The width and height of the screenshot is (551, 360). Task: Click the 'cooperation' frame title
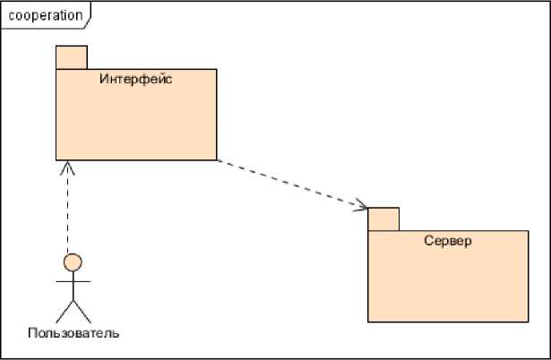coord(45,15)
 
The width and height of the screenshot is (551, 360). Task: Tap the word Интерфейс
coord(135,80)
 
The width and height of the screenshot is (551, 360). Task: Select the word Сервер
coord(447,242)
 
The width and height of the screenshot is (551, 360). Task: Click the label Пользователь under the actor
coord(73,334)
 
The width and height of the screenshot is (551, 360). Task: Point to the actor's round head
coord(73,262)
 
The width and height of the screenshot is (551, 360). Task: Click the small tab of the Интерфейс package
coord(72,57)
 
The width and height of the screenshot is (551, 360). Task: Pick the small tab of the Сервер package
coord(383,219)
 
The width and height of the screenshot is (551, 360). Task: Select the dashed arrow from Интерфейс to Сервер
coord(291,185)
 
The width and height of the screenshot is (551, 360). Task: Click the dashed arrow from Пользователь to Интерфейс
coord(66,210)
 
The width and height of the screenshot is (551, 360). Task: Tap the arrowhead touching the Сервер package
coord(361,207)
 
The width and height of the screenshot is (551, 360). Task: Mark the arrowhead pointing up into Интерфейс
coord(66,167)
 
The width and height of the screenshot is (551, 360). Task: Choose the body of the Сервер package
coord(448,282)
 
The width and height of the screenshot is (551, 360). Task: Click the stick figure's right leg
coord(82,312)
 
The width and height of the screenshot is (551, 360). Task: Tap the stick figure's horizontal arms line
coord(73,279)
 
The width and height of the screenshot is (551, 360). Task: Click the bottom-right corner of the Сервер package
coord(528,321)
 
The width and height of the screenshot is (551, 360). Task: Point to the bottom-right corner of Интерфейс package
coord(216,159)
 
